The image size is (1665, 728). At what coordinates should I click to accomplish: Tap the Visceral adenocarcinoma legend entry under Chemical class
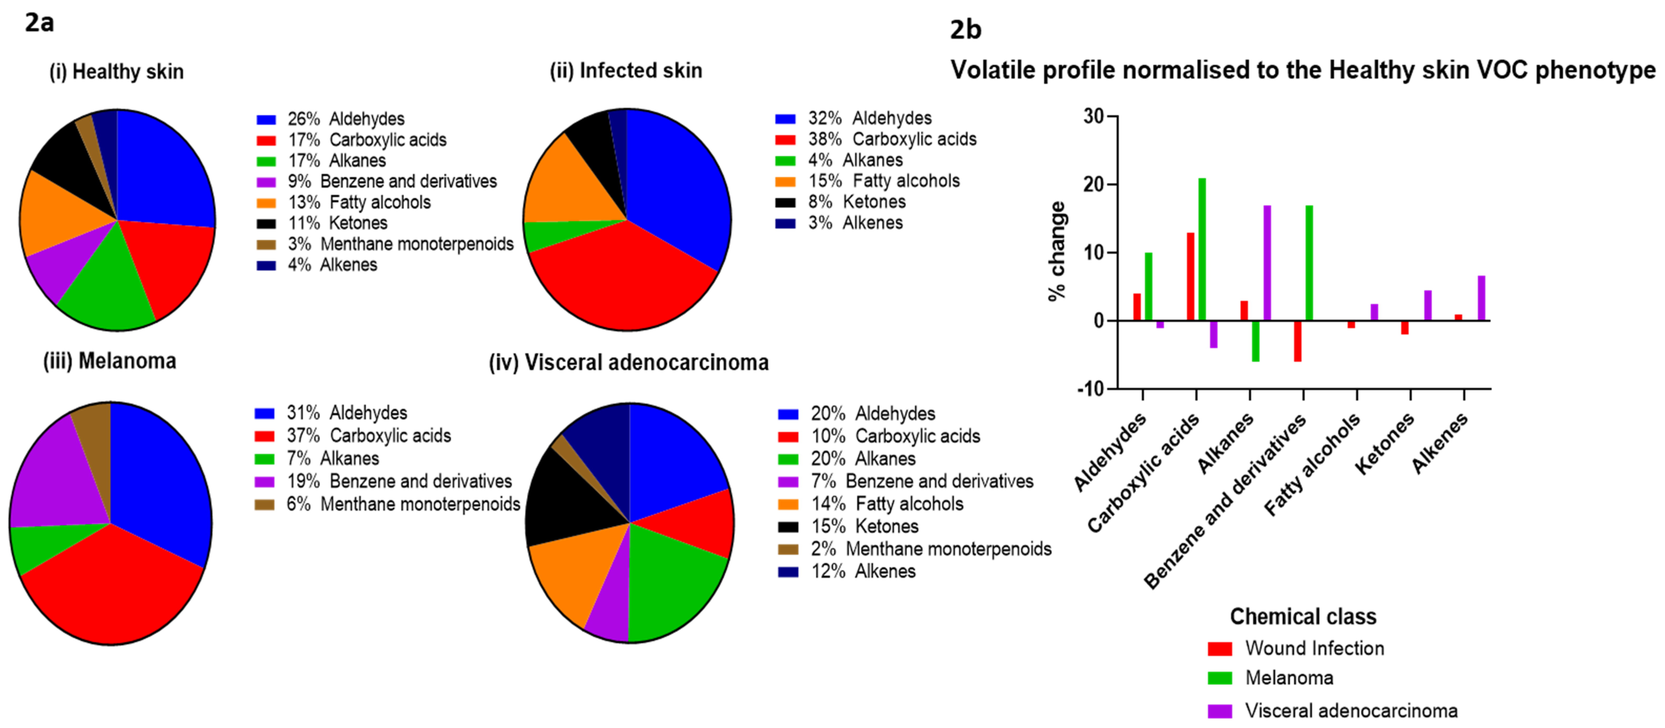[1351, 711]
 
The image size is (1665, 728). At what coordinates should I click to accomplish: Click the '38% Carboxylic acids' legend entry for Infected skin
[892, 139]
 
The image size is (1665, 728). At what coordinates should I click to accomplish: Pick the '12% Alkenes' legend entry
[863, 571]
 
